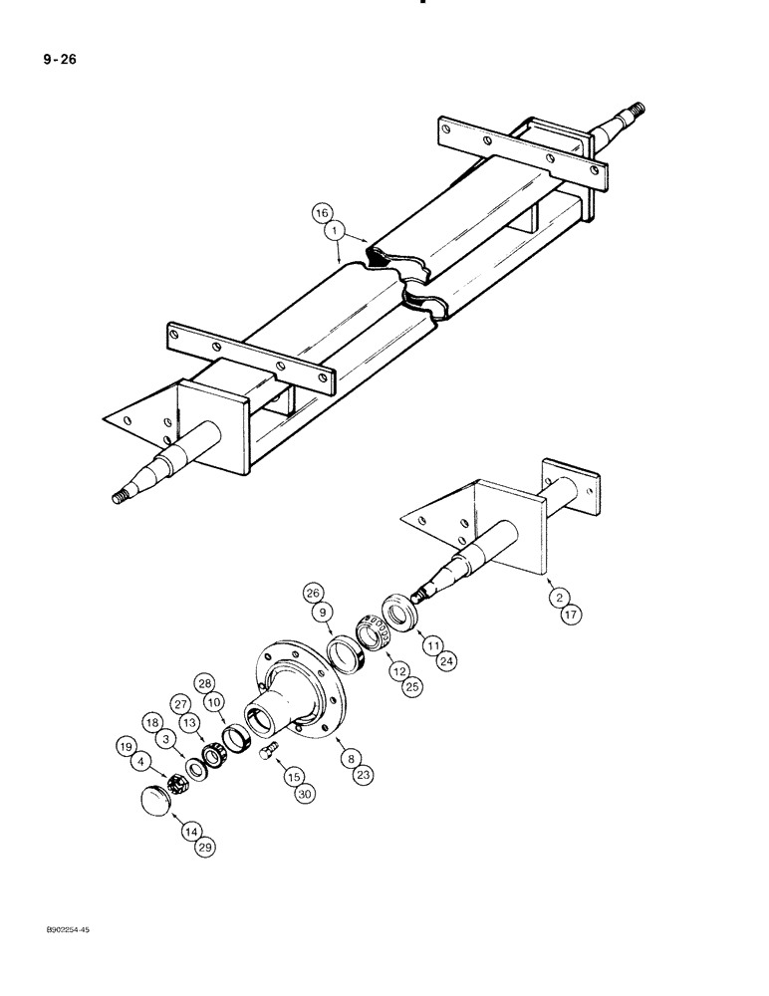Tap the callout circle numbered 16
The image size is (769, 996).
321,213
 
